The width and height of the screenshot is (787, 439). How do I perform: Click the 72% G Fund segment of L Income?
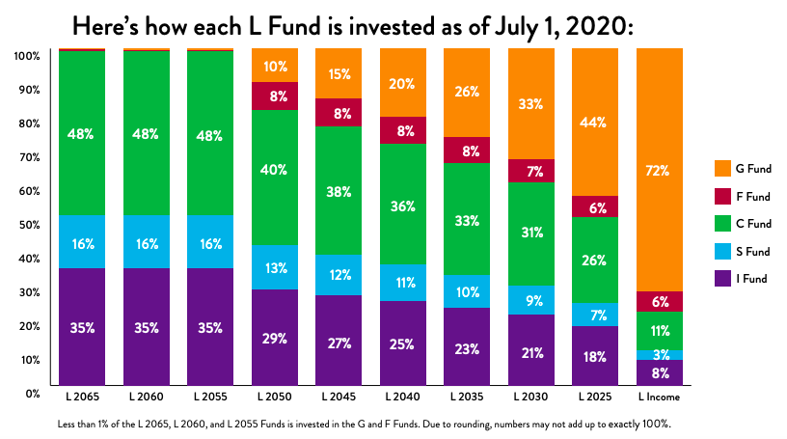pos(659,170)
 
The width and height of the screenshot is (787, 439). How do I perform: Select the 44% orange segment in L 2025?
pos(595,122)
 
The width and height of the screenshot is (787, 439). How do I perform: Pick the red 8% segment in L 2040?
pos(403,130)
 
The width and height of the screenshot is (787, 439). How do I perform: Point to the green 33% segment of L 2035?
pos(467,219)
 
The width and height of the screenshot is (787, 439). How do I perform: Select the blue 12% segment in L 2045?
pos(339,275)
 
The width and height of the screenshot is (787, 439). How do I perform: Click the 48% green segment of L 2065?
pos(83,133)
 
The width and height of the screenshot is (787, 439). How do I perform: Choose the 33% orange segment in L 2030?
pos(530,103)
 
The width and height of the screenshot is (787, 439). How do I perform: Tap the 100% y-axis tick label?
pos(26,56)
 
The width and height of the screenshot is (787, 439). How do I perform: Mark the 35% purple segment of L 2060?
pos(147,328)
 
